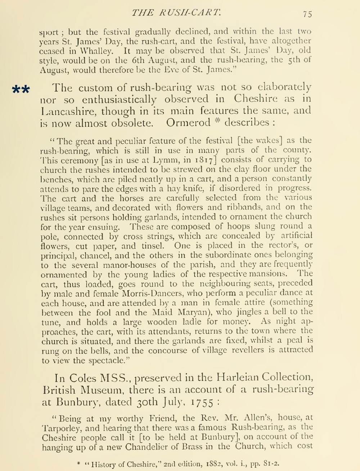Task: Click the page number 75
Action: pos(307,14)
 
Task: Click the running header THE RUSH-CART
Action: pos(176,13)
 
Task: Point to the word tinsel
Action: pos(152,246)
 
